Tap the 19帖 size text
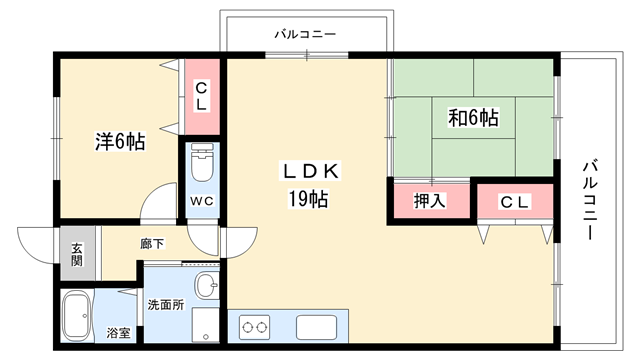(309, 199)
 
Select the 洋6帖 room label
(120, 142)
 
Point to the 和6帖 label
(473, 118)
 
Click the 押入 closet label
(430, 201)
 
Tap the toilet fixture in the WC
(202, 162)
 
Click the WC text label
(202, 201)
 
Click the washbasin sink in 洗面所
(207, 284)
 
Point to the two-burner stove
(255, 327)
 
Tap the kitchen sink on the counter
(316, 327)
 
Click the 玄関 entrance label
(77, 254)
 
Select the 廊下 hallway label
(153, 244)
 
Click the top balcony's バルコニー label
(305, 34)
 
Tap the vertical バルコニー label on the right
(590, 200)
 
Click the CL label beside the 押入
(515, 202)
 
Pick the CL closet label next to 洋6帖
(201, 97)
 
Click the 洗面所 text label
(166, 304)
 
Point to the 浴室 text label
(118, 333)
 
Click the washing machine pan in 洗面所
(205, 325)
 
